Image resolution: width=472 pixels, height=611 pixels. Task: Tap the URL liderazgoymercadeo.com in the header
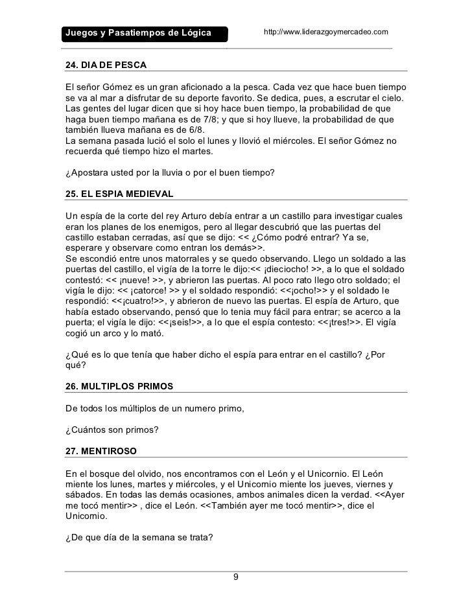pyautogui.click(x=325, y=32)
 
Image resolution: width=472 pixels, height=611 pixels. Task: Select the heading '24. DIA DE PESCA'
pyautogui.click(x=106, y=66)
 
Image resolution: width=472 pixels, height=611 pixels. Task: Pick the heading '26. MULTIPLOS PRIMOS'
pyautogui.click(x=119, y=386)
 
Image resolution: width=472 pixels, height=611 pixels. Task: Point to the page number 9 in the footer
pyautogui.click(x=236, y=577)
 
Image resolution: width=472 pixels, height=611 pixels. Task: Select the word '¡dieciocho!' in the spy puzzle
pyautogui.click(x=296, y=270)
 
